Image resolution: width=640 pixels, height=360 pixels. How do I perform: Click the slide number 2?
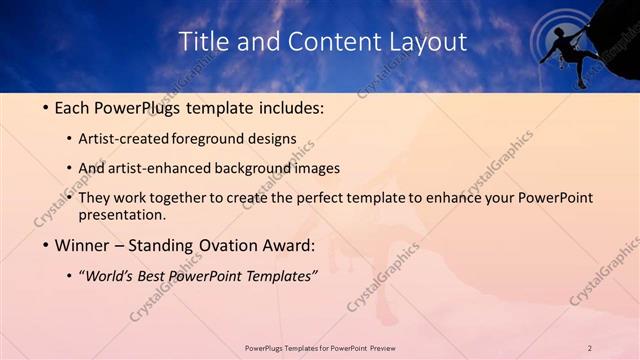590,347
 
